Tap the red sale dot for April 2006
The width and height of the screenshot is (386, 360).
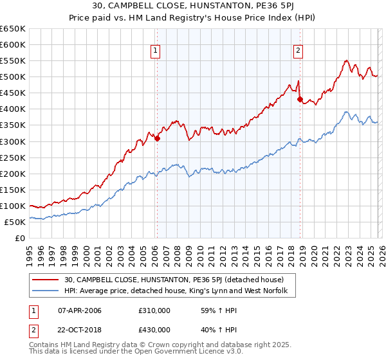pyautogui.click(x=157, y=138)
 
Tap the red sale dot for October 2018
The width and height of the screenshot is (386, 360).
pyautogui.click(x=300, y=99)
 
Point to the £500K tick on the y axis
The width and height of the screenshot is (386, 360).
pyautogui.click(x=13, y=77)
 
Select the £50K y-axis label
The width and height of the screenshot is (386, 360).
pyautogui.click(x=15, y=222)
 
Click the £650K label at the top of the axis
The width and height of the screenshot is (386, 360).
pyautogui.click(x=13, y=29)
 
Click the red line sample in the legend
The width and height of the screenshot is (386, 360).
pyautogui.click(x=46, y=280)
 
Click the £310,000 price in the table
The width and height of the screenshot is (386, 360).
pyautogui.click(x=154, y=310)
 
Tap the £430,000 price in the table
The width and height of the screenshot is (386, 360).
pyautogui.click(x=154, y=330)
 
